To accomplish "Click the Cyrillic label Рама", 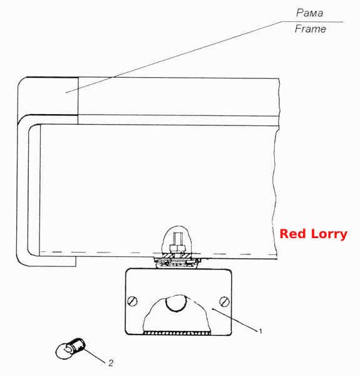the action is pyautogui.click(x=309, y=13).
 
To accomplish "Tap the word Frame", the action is pyautogui.click(x=310, y=29).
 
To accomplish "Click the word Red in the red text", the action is pyautogui.click(x=293, y=234).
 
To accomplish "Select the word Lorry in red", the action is pyautogui.click(x=329, y=234).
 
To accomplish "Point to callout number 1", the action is pyautogui.click(x=260, y=331).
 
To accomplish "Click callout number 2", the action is pyautogui.click(x=111, y=363).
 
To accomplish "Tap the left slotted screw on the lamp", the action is pyautogui.click(x=132, y=301).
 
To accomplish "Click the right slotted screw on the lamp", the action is pyautogui.click(x=224, y=301).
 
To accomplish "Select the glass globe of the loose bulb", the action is pyautogui.click(x=63, y=351).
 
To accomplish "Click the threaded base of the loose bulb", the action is pyautogui.click(x=78, y=345).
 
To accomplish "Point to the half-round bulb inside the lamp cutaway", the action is pyautogui.click(x=176, y=303).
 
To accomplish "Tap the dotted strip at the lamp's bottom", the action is pyautogui.click(x=177, y=333).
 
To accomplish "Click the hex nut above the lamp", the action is pyautogui.click(x=178, y=248).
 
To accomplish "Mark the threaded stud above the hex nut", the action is pyautogui.click(x=177, y=238).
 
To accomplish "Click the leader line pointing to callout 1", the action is pyautogui.click(x=235, y=320).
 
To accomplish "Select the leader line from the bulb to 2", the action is pyautogui.click(x=95, y=356).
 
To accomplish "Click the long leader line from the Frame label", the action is pyautogui.click(x=173, y=57).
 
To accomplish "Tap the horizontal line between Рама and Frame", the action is pyautogui.click(x=312, y=22).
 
